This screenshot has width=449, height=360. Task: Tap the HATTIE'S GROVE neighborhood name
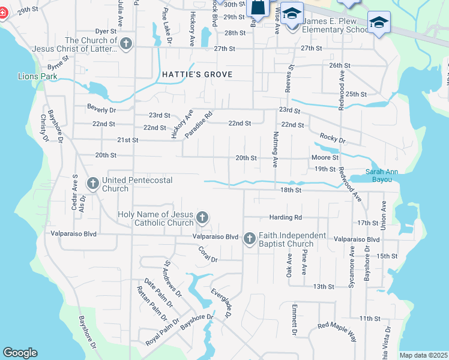[x=197, y=74]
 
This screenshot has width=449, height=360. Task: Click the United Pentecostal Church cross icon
[x=92, y=182]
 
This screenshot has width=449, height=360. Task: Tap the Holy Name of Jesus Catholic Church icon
[x=202, y=217]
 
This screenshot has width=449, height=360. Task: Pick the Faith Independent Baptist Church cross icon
[x=250, y=239]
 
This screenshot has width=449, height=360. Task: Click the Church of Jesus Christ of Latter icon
[x=125, y=44]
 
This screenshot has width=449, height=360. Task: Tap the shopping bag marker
[x=258, y=8]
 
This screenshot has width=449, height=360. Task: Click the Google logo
[x=20, y=353]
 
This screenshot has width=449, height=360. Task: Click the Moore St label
[x=325, y=158]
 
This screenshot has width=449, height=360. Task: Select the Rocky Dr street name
[x=333, y=139]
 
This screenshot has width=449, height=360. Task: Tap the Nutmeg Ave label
[x=276, y=149]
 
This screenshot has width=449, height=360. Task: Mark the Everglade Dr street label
[x=220, y=303]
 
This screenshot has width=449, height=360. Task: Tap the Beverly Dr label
[x=101, y=110]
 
